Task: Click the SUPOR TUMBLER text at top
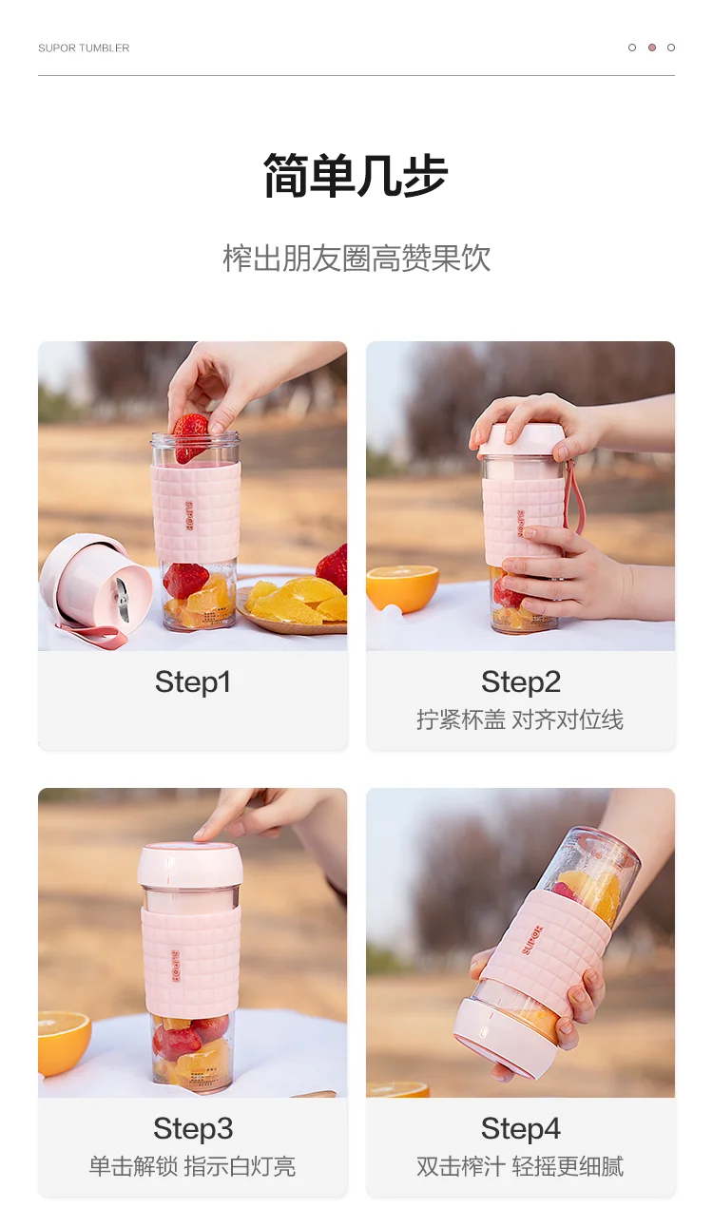click(84, 48)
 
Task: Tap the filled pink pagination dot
click(651, 48)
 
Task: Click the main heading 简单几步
click(356, 175)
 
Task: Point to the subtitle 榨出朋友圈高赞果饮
click(356, 259)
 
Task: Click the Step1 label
click(193, 681)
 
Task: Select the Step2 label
click(520, 681)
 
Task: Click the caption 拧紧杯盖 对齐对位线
click(520, 719)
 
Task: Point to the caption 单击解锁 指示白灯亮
click(193, 1166)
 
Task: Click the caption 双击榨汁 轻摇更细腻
click(520, 1166)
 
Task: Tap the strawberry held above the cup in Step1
click(190, 437)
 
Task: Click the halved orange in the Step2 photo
click(402, 587)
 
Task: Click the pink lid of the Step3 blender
click(190, 865)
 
